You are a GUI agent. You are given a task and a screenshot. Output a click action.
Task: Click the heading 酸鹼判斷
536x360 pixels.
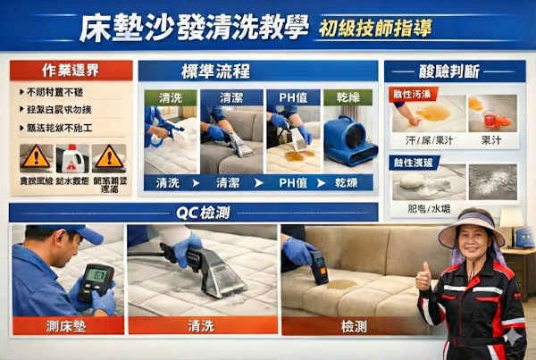455,71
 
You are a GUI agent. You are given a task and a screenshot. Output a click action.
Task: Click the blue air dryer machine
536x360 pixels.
348,141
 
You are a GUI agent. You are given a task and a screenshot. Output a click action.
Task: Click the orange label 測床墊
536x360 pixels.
67,326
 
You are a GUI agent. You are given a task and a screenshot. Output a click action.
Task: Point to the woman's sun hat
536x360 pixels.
471,227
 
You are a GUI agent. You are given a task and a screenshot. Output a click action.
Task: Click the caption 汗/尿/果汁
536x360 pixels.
418,140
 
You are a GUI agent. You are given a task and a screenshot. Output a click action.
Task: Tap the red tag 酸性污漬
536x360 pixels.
412,94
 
